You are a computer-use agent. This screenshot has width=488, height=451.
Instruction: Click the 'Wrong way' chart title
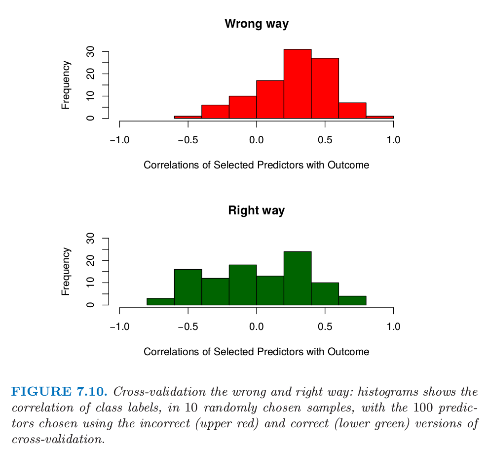256,24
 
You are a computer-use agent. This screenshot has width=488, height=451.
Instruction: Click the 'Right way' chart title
256,210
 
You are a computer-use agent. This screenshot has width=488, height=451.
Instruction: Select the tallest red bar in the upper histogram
297,84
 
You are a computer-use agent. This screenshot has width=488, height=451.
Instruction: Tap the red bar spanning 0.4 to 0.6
325,88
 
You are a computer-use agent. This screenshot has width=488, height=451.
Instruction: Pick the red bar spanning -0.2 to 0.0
242,107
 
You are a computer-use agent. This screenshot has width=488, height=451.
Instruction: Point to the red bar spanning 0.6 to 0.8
352,111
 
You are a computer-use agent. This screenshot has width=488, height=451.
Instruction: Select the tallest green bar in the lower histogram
297,278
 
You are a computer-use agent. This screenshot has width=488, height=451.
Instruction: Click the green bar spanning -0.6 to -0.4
188,287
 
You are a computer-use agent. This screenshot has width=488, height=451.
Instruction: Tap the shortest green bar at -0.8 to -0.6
160,301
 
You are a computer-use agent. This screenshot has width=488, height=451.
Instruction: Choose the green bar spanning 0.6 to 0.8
352,300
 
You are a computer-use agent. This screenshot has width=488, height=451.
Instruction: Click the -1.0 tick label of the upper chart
119,140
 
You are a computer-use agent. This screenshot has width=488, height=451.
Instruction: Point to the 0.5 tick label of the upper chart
325,140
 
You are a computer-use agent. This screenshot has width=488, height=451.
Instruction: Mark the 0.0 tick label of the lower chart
256,327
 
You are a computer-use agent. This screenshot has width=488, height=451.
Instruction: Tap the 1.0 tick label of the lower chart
393,327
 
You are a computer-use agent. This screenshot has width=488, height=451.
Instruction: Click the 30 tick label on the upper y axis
91,52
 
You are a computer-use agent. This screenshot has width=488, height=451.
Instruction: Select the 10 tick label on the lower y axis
91,283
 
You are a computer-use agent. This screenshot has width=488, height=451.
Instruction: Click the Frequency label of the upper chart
66,85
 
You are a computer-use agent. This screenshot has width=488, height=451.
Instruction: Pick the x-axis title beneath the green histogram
256,352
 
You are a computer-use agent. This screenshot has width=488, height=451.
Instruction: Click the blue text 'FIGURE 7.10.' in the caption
59,392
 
